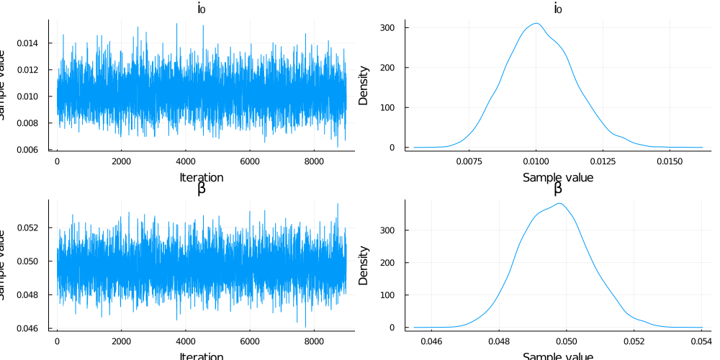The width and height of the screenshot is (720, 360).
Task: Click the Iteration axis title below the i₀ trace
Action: click(201, 177)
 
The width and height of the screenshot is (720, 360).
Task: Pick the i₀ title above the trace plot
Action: click(201, 9)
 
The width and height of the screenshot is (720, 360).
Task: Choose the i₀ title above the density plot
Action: click(557, 9)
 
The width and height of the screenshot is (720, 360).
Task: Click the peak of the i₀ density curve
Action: click(535, 23)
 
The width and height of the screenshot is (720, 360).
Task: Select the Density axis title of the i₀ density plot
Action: click(364, 86)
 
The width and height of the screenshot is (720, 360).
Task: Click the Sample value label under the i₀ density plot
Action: click(557, 177)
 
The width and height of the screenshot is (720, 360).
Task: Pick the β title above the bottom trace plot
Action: click(201, 189)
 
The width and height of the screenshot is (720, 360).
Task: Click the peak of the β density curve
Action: click(559, 203)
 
